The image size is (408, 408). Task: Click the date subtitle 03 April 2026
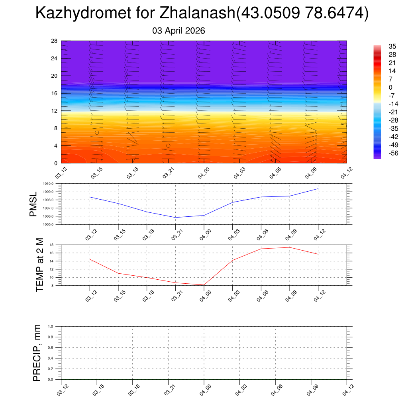coord(178,31)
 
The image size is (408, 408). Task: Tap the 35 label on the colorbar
coord(392,46)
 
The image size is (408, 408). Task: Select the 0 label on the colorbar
coord(390,87)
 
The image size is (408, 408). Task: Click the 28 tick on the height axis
coord(55,41)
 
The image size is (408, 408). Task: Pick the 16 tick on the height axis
coord(55,93)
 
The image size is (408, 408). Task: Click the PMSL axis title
coord(33,204)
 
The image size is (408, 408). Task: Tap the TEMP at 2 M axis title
coord(39,265)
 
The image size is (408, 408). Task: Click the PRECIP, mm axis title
coord(37,353)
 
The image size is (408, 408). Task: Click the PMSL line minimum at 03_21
coord(175,218)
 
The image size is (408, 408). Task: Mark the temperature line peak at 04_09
coord(289,247)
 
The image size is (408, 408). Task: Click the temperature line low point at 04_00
coord(204,285)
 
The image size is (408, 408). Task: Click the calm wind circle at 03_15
coord(97,133)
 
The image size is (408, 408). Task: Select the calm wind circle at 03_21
coord(168,146)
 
